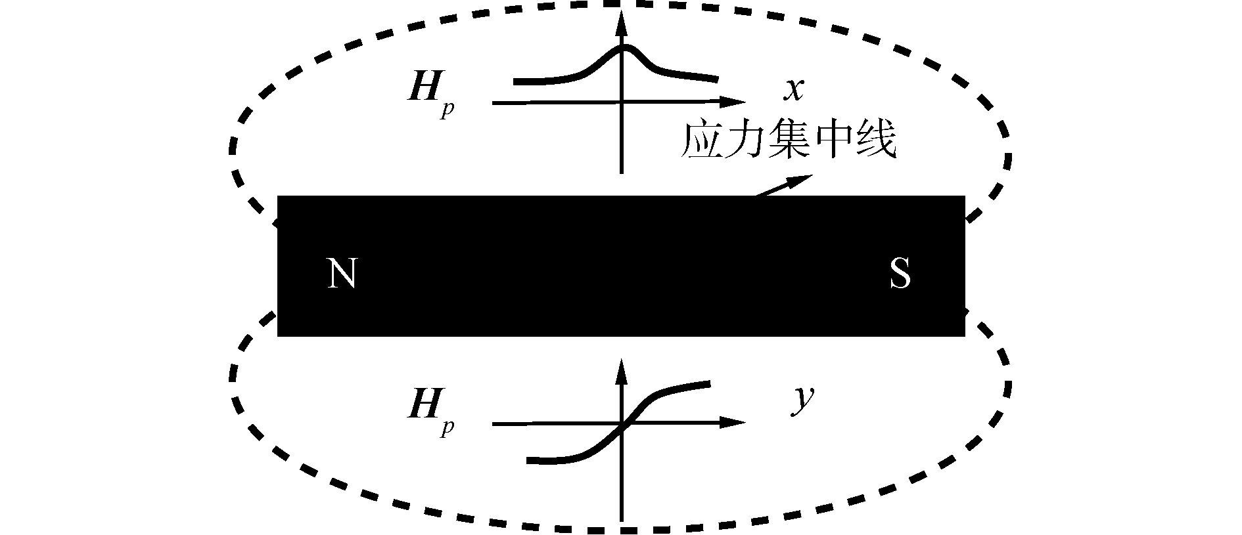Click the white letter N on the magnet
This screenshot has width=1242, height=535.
click(342, 273)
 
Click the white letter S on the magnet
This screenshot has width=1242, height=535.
click(900, 273)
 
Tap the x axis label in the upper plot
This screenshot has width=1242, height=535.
click(794, 89)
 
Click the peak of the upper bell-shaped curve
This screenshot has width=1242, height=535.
click(624, 47)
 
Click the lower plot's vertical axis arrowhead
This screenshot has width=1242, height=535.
click(621, 370)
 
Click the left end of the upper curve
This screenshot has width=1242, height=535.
click(517, 82)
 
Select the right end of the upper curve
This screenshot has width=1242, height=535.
click(715, 79)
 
